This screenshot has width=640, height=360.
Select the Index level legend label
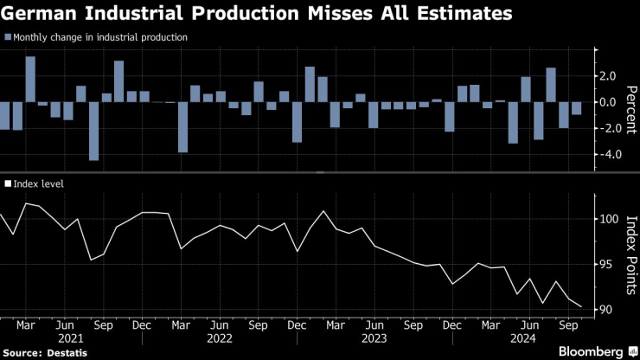40,183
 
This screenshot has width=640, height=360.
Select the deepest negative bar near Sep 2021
93,131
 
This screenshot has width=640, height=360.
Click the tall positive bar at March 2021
29,80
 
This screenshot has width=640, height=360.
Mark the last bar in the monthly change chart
576,108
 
